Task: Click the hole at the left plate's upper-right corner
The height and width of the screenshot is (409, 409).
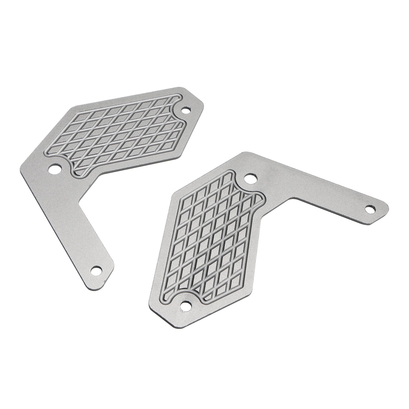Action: pyautogui.click(x=186, y=111)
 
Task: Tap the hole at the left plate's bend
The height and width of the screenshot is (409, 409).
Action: pyautogui.click(x=56, y=168)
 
